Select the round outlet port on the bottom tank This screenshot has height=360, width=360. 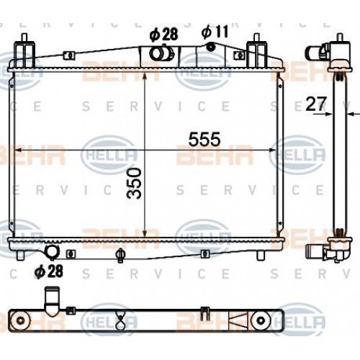[x=53, y=251]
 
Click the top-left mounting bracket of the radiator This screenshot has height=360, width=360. [x=25, y=52]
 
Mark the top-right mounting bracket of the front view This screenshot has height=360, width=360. [x=258, y=52]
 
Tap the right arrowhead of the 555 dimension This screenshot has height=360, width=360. [x=277, y=150]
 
